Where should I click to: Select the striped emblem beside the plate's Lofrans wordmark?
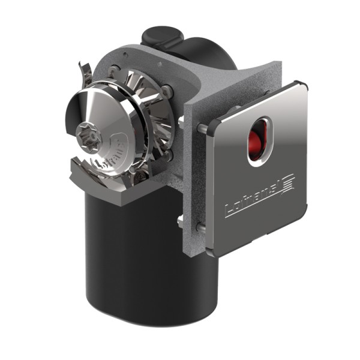pos(286,182)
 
